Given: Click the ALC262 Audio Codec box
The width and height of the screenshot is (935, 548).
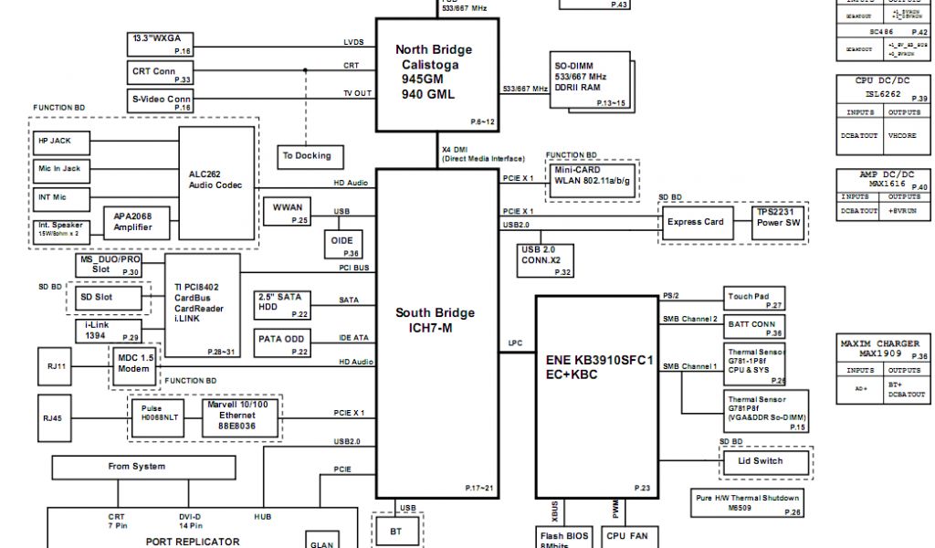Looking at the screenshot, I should pyautogui.click(x=215, y=178).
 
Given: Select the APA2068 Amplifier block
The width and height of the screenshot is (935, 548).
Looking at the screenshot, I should pyautogui.click(x=133, y=221).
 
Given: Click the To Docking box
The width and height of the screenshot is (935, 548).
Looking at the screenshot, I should pyautogui.click(x=307, y=156).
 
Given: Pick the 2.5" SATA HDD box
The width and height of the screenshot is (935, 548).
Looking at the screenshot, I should pyautogui.click(x=278, y=301).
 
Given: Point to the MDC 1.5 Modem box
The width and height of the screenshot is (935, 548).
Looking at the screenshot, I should pyautogui.click(x=134, y=364).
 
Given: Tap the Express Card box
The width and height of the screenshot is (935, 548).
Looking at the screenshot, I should pyautogui.click(x=695, y=222).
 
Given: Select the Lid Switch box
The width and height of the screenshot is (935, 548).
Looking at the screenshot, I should pyautogui.click(x=761, y=462).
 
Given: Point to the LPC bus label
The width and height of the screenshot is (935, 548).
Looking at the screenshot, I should pyautogui.click(x=515, y=344).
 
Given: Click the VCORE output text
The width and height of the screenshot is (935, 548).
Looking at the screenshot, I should pyautogui.click(x=902, y=136).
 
